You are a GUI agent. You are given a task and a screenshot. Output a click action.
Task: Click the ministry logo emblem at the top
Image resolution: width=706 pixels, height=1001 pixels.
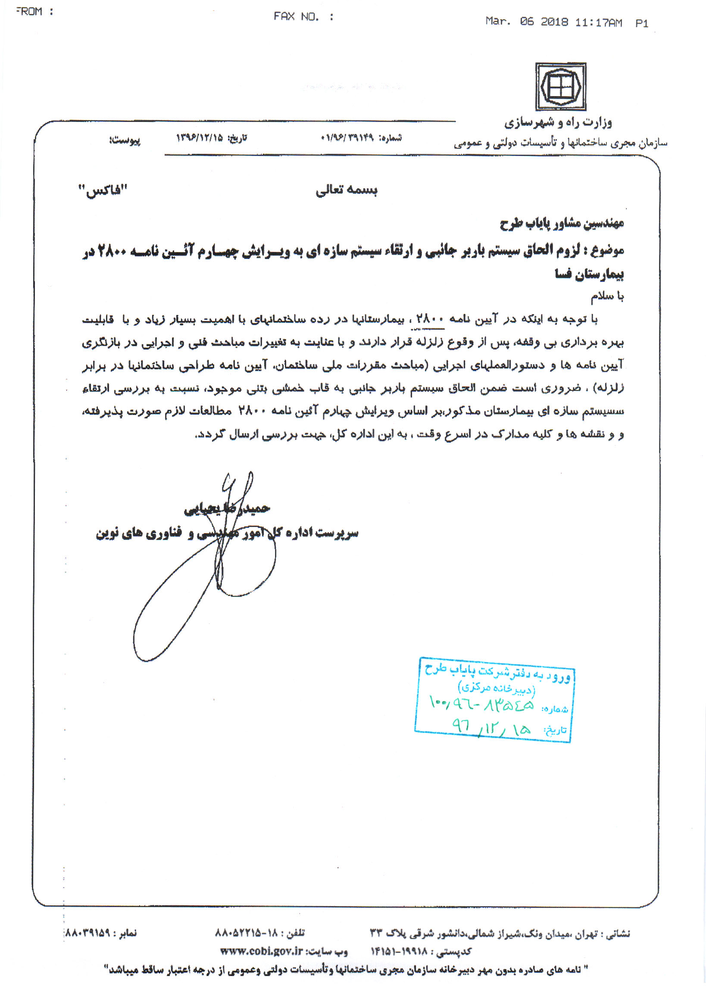pyautogui.click(x=560, y=86)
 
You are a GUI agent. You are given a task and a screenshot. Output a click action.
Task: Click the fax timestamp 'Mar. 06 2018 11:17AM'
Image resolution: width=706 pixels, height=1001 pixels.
pyautogui.click(x=553, y=22)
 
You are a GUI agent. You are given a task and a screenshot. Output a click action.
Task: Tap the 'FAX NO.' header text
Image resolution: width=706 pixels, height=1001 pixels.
pyautogui.click(x=297, y=16)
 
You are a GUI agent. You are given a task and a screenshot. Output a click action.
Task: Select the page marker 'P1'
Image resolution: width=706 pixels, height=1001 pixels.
pyautogui.click(x=641, y=23)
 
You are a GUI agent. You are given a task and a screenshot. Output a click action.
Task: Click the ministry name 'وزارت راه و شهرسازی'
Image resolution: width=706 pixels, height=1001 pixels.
pyautogui.click(x=558, y=123)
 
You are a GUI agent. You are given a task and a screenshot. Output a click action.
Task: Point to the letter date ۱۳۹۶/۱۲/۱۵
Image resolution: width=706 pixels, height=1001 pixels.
pyautogui.click(x=199, y=138)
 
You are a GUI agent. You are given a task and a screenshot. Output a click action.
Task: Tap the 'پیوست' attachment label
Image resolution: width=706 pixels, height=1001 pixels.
pyautogui.click(x=125, y=140)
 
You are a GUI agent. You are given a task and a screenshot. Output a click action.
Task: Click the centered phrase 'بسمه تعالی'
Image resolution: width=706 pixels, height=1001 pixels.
pyautogui.click(x=347, y=190)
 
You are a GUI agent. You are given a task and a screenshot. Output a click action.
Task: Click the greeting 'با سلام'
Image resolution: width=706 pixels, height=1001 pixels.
pyautogui.click(x=607, y=296)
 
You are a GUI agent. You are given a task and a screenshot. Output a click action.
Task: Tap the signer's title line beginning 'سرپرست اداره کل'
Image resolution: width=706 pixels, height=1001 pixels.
pyautogui.click(x=227, y=533)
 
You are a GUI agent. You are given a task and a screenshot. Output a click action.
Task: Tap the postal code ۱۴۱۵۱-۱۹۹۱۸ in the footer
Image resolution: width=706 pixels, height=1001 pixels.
pyautogui.click(x=399, y=951)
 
